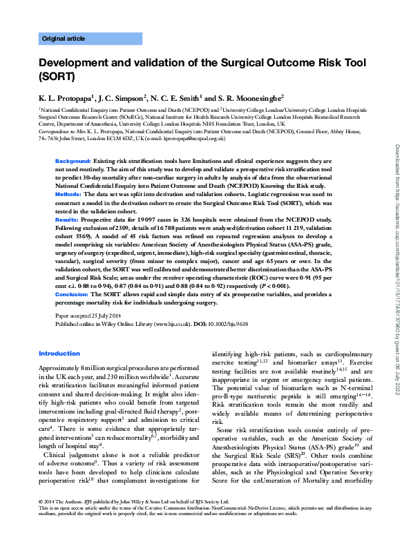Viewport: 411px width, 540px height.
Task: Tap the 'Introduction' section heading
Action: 59,354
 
